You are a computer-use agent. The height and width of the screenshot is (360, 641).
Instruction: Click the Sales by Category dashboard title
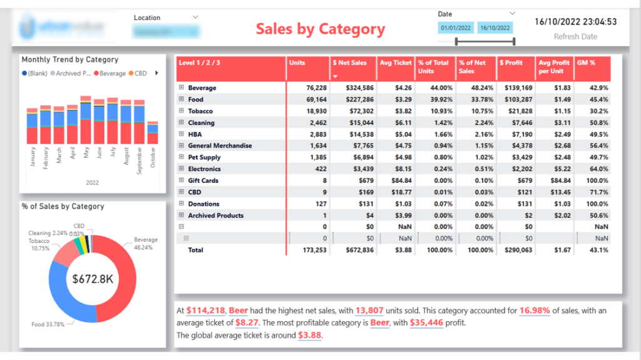point(320,29)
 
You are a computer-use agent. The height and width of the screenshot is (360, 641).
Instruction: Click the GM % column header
point(587,63)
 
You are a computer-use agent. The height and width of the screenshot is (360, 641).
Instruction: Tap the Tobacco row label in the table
point(200,111)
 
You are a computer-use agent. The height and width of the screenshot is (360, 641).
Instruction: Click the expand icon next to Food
point(182,100)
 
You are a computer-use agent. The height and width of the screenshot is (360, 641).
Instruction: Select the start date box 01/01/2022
point(456,28)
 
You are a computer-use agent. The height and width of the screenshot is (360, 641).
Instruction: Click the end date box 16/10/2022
point(495,28)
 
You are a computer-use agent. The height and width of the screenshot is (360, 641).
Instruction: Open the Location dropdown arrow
point(195,17)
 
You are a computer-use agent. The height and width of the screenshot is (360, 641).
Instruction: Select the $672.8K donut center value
point(93,279)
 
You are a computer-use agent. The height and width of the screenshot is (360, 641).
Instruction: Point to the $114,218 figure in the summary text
point(205,311)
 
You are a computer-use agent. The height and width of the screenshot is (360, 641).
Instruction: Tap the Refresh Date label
point(575,37)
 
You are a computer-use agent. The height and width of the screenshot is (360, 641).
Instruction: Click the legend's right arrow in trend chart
point(156,73)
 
